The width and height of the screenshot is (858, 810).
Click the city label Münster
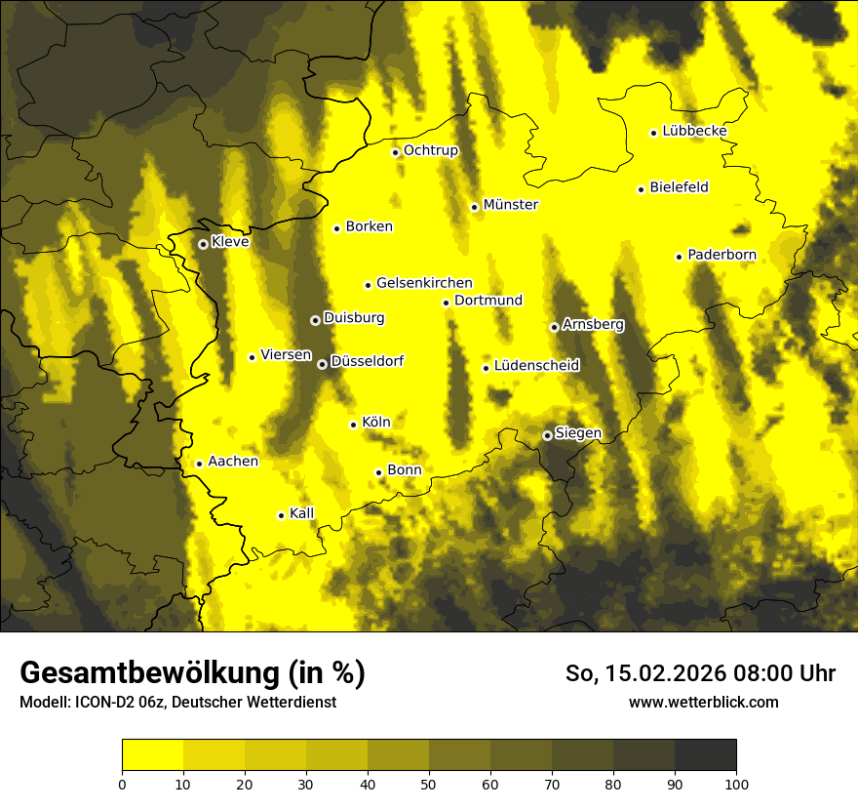point(510,205)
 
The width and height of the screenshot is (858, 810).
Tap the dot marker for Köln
point(353,425)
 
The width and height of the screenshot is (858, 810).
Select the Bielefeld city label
point(679,187)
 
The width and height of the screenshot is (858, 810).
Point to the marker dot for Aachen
point(199,464)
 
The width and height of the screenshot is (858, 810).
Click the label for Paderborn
point(721,255)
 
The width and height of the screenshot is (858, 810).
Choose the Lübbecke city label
point(694,131)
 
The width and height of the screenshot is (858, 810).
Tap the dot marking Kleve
point(203,244)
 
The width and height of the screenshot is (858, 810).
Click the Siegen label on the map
point(578,433)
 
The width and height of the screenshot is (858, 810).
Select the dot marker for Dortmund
point(446,303)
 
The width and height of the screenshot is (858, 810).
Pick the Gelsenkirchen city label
point(424,283)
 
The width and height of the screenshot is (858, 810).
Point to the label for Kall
point(302,513)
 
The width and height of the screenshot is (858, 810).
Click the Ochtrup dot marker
point(396,152)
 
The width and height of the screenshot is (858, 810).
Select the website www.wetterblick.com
point(703,702)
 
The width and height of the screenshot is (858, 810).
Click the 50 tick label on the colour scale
point(429,783)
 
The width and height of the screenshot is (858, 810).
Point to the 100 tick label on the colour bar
point(736,783)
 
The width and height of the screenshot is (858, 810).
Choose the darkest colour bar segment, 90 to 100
point(705,755)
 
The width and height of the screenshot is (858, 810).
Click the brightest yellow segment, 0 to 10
point(152,755)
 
